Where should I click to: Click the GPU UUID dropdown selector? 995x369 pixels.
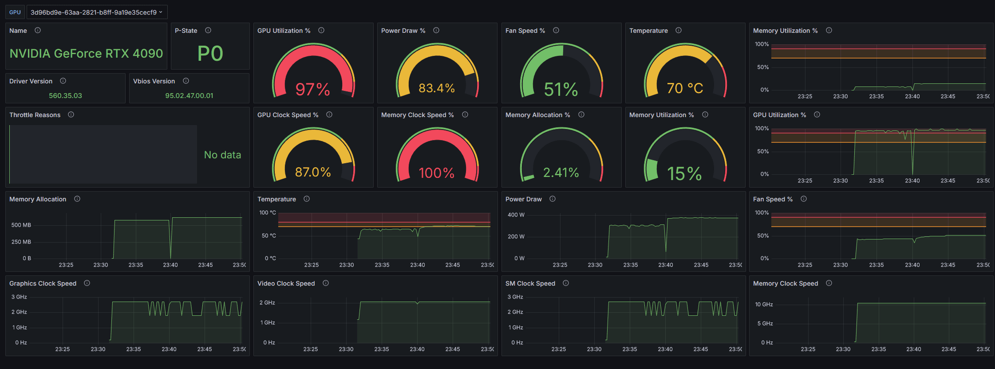pyautogui.click(x=97, y=12)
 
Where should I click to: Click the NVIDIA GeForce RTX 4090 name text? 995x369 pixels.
pyautogui.click(x=86, y=54)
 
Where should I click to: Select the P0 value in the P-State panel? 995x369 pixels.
pyautogui.click(x=210, y=54)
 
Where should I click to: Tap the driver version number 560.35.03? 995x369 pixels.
pyautogui.click(x=65, y=96)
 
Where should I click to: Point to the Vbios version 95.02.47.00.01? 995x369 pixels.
pyautogui.click(x=189, y=96)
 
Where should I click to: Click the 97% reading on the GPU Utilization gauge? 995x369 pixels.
pyautogui.click(x=313, y=89)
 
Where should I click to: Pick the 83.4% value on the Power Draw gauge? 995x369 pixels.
pyautogui.click(x=437, y=88)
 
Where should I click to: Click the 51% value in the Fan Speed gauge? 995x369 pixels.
pyautogui.click(x=561, y=89)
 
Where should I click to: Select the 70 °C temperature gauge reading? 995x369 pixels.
pyautogui.click(x=685, y=88)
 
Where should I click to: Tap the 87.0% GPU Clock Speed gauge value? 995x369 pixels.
pyautogui.click(x=313, y=172)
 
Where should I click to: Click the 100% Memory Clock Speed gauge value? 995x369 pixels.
pyautogui.click(x=437, y=173)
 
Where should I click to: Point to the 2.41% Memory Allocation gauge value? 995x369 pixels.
pyautogui.click(x=561, y=173)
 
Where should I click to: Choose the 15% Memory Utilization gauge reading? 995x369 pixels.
pyautogui.click(x=684, y=173)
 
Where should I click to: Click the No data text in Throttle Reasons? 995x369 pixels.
pyautogui.click(x=222, y=155)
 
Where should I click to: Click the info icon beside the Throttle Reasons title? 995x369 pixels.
pyautogui.click(x=71, y=114)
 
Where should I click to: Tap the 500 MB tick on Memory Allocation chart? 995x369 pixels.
pyautogui.click(x=21, y=225)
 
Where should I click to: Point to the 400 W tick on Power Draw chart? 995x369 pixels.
pyautogui.click(x=516, y=215)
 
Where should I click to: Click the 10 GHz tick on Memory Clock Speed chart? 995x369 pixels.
pyautogui.click(x=764, y=305)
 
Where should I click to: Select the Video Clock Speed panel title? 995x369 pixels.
pyautogui.click(x=286, y=283)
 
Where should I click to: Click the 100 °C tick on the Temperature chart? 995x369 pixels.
pyautogui.click(x=267, y=213)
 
